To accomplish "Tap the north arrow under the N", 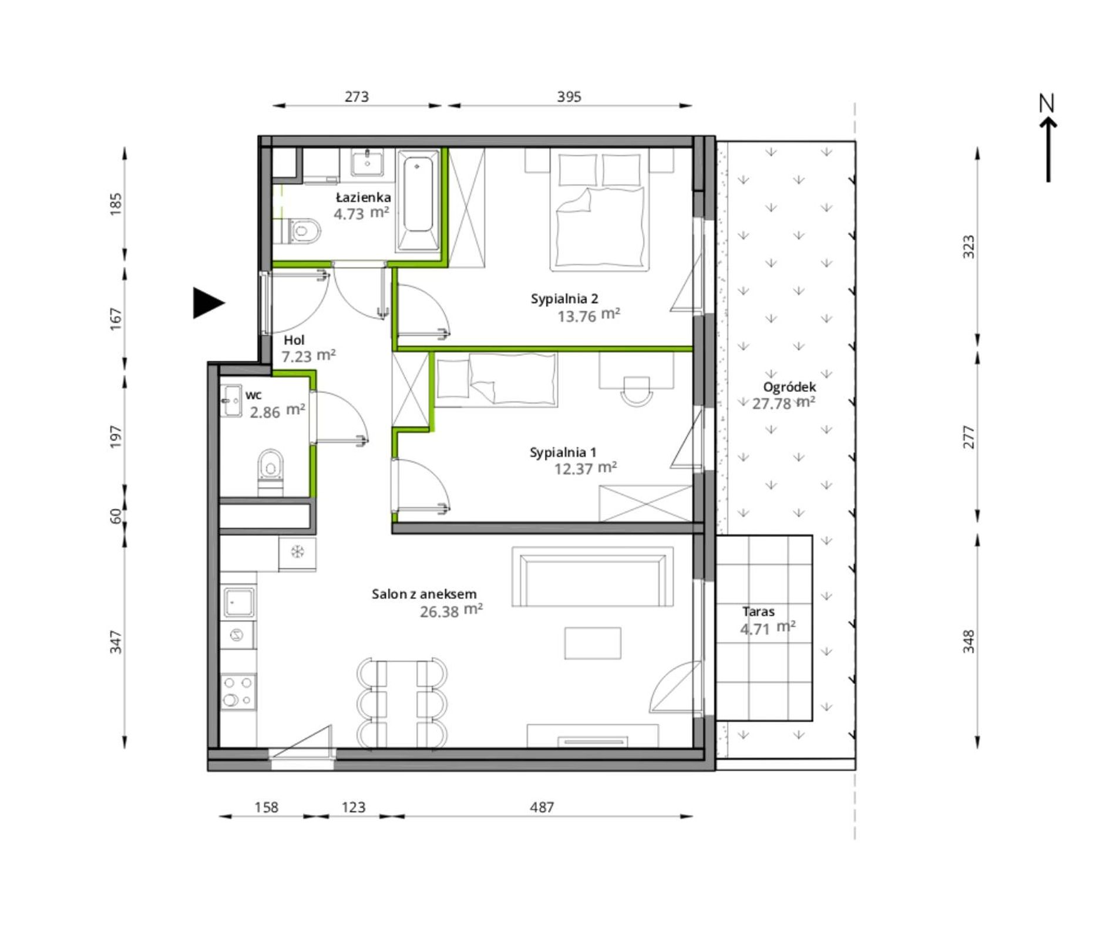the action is [x=1048, y=149].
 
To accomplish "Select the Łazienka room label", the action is [x=364, y=197].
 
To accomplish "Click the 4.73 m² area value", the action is [x=361, y=213].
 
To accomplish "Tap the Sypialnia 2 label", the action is [x=564, y=299].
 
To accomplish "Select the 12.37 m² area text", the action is [x=586, y=468].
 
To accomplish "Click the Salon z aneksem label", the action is [x=424, y=594].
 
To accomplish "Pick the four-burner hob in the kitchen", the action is [x=238, y=691].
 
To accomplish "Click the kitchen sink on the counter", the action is [x=238, y=602].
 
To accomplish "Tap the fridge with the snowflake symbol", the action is [x=297, y=552].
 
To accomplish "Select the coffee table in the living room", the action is [x=593, y=643].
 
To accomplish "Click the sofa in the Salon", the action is [x=593, y=576].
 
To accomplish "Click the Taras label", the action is [x=758, y=612].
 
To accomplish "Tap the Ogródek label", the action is [x=789, y=387].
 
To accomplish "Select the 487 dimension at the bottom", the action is [x=542, y=808].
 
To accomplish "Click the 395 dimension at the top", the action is [x=569, y=97].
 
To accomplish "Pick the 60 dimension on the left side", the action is [x=116, y=516].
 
